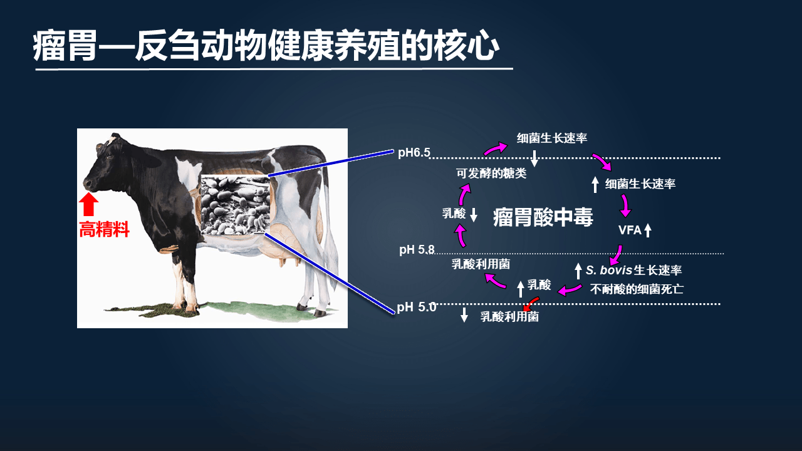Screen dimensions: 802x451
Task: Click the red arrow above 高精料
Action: click(88, 204)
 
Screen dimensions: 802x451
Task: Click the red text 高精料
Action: click(104, 229)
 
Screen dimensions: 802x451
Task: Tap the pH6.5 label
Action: click(414, 153)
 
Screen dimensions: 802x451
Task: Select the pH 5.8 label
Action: click(417, 249)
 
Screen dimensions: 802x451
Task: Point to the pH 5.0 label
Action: click(417, 307)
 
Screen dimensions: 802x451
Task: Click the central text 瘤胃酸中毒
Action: click(543, 217)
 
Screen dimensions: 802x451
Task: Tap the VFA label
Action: click(630, 230)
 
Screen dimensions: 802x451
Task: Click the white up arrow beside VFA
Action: click(648, 230)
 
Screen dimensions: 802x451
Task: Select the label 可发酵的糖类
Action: click(491, 174)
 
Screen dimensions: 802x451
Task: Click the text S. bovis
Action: click(609, 270)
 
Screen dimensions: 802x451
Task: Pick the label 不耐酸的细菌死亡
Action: click(637, 289)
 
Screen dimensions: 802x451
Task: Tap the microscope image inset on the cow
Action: click(235, 205)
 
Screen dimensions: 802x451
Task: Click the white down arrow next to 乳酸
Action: click(474, 215)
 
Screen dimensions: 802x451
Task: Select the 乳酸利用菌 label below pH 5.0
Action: click(509, 317)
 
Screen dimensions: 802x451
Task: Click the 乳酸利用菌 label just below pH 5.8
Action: click(481, 264)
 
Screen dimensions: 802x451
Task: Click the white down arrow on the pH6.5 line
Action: click(534, 158)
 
